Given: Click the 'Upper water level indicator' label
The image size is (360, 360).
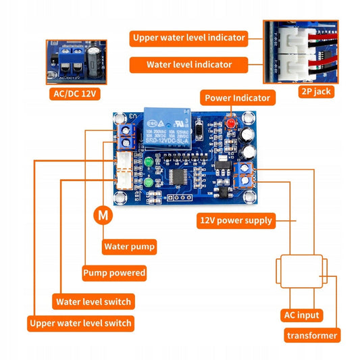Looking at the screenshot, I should [x=189, y=38].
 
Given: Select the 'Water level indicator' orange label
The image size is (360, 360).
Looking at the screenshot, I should [x=189, y=65].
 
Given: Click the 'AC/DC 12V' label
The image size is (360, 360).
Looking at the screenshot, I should [x=76, y=93].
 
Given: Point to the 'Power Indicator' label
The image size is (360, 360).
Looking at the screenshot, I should [x=237, y=98].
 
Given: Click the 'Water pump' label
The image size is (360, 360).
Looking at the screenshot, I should [x=129, y=247].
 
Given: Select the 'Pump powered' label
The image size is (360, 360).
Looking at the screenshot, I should [x=114, y=273].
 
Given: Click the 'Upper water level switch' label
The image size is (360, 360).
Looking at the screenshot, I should [x=80, y=323].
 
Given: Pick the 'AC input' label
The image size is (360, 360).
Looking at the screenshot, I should [x=301, y=315].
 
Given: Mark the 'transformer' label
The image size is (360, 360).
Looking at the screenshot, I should [x=312, y=336].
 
